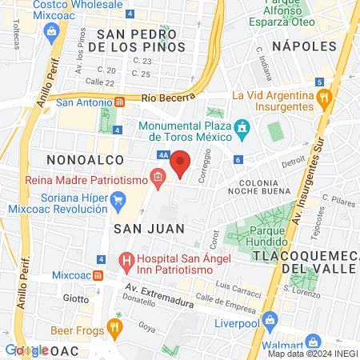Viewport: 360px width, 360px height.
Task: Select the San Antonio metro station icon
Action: (119, 102)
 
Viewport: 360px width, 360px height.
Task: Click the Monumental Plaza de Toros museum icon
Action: (239, 128)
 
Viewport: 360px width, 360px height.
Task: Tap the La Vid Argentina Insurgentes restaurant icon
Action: (324, 102)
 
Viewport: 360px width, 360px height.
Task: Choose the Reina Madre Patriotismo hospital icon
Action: (158, 179)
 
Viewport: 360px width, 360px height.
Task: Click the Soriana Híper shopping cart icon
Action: (118, 201)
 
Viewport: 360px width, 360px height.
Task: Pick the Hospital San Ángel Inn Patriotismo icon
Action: (126, 260)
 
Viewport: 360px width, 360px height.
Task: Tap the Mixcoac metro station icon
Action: (98, 274)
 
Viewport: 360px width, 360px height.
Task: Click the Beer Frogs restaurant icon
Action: (115, 326)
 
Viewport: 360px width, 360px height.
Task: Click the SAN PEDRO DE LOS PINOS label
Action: (141, 40)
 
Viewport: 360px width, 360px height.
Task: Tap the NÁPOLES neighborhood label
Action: (303, 46)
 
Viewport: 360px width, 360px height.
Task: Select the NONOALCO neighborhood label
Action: (83, 160)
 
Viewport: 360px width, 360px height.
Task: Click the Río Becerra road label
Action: (168, 97)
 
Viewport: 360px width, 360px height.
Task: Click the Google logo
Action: (26, 350)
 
